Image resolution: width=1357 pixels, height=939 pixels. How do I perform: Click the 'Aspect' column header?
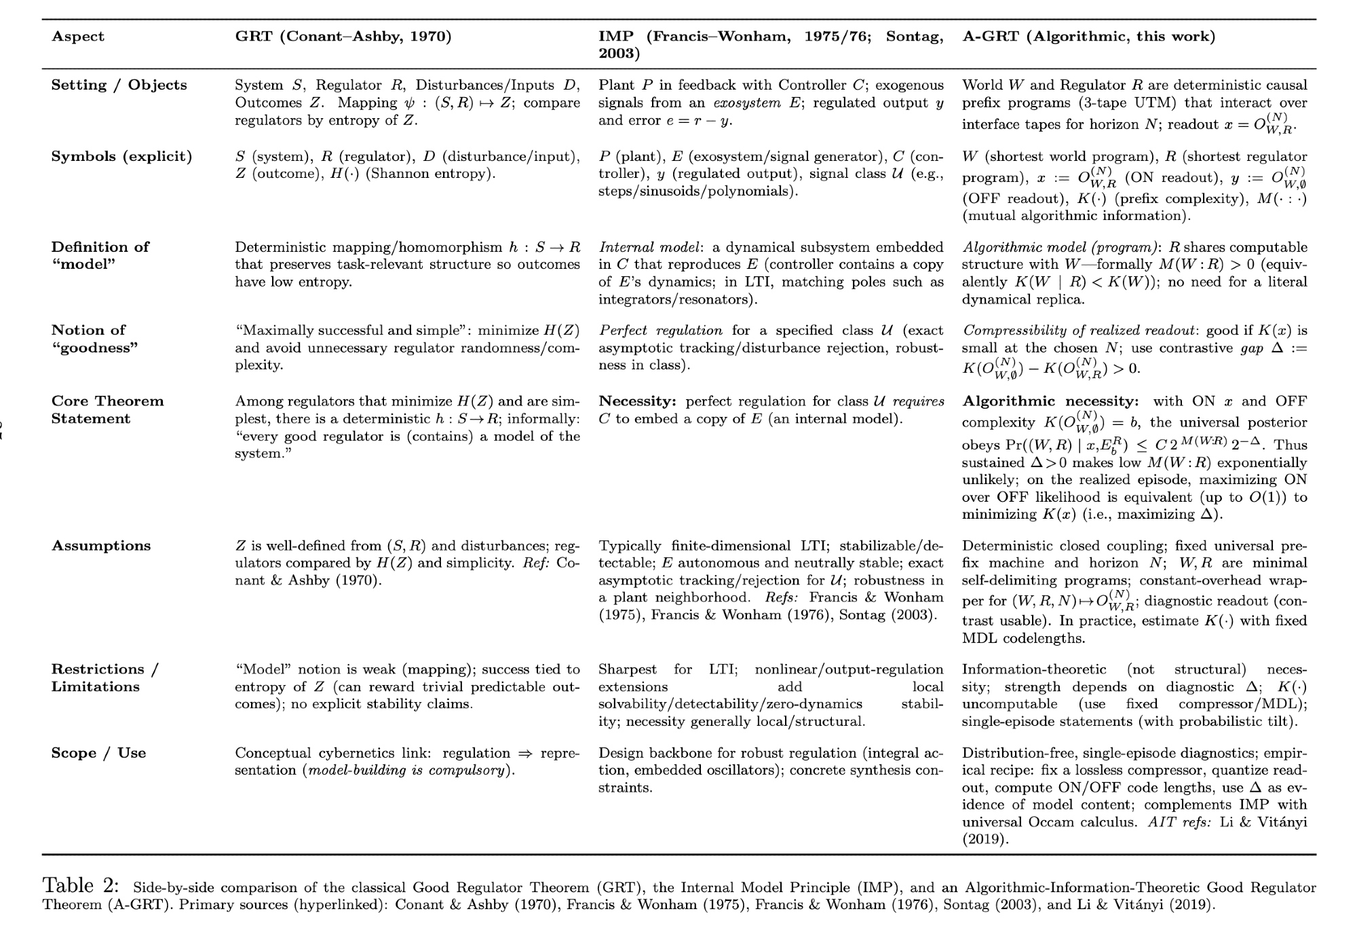[x=78, y=37]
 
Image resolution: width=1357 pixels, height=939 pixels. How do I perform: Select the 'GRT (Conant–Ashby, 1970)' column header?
[x=343, y=37]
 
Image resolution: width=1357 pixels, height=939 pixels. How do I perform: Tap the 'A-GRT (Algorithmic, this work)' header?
[x=1088, y=37]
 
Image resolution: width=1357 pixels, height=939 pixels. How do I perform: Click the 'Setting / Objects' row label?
[x=119, y=86]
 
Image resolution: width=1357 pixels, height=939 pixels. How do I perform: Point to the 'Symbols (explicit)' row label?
[x=121, y=157]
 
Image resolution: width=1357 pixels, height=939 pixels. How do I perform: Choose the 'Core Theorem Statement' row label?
[x=107, y=409]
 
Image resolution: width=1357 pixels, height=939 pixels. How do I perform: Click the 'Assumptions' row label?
[x=101, y=546]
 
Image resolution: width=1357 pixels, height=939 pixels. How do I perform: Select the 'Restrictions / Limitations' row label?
[x=104, y=678]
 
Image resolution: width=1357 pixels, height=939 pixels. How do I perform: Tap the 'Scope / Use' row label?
[x=98, y=753]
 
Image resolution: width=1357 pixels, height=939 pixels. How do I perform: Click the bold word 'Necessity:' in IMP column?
[x=637, y=401]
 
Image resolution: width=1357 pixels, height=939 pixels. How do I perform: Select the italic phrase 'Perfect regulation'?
[x=661, y=331]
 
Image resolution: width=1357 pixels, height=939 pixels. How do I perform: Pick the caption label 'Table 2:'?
[x=81, y=885]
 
